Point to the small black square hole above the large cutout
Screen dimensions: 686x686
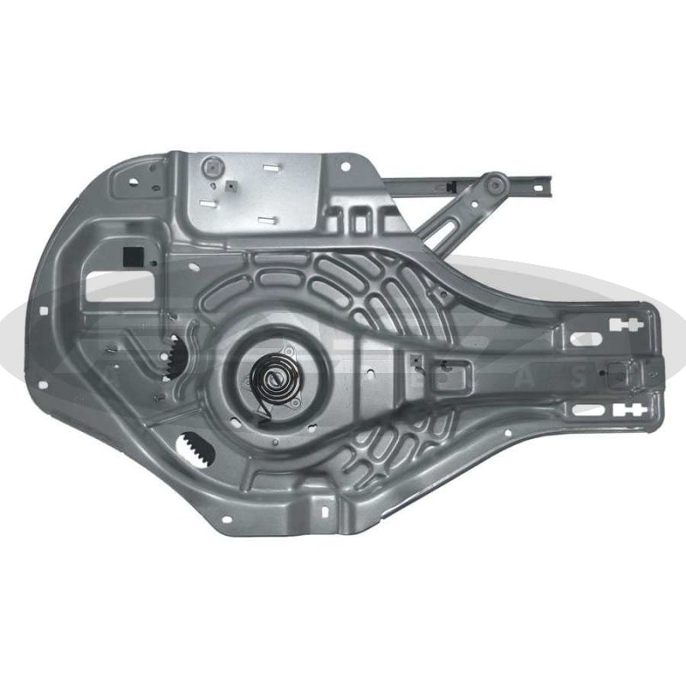point(134,255)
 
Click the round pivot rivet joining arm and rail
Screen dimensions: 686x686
point(493,183)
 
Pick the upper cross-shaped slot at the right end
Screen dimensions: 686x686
point(625,325)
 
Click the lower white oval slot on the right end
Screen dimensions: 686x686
point(587,408)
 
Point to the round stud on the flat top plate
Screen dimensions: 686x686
point(210,166)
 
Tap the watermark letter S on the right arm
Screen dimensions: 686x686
point(579,375)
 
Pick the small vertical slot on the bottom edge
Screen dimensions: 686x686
point(325,511)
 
